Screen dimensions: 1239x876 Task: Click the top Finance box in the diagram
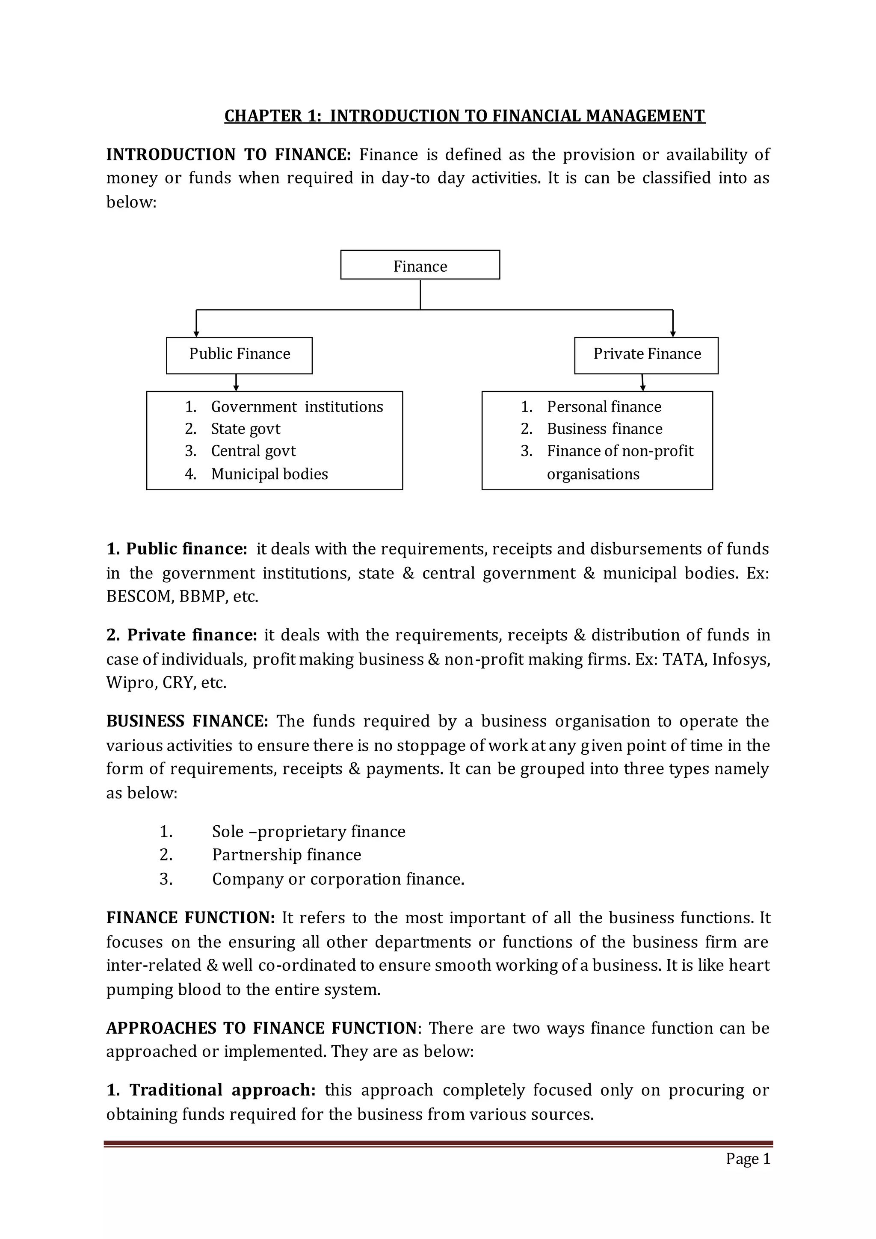(420, 265)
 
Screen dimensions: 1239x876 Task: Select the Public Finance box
(239, 355)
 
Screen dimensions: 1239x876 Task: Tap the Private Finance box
(646, 355)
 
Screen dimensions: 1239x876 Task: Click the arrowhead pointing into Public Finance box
(196, 334)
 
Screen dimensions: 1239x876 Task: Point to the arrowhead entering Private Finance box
(673, 334)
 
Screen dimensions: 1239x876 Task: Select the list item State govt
(246, 429)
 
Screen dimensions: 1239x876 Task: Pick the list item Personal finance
(604, 407)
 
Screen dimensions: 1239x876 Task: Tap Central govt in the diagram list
(253, 451)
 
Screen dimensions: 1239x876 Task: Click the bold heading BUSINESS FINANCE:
(186, 721)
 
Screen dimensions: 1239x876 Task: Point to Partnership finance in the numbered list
(287, 855)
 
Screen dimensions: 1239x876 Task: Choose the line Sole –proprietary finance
(308, 832)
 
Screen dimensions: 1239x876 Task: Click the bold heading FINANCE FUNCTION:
(190, 918)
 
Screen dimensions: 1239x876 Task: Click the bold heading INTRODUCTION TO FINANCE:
(228, 155)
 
